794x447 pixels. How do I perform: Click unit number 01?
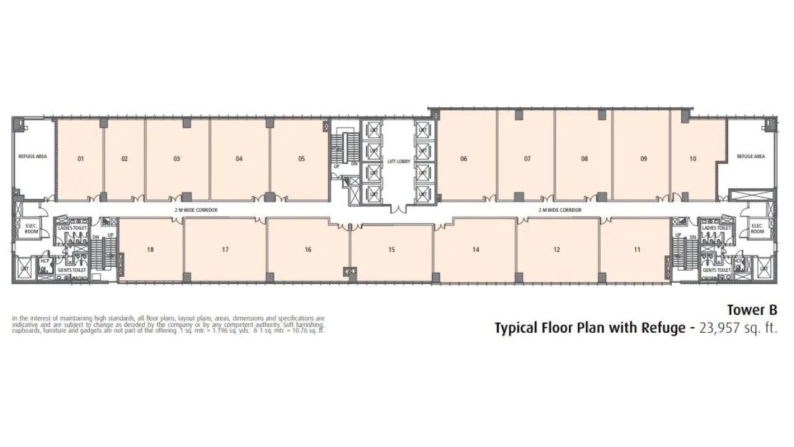(81, 159)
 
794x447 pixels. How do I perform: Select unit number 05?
(301, 159)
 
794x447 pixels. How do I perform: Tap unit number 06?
(463, 159)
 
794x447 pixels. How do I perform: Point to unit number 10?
(693, 159)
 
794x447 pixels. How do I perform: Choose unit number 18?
(150, 250)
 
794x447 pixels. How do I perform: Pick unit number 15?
(391, 250)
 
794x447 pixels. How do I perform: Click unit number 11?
(637, 250)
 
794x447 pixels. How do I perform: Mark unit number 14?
(476, 250)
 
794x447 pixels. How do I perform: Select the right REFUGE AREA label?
(751, 156)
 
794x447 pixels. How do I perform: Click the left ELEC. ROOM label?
(32, 228)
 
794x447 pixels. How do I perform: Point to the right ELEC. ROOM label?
(757, 228)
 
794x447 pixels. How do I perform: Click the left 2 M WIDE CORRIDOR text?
(196, 210)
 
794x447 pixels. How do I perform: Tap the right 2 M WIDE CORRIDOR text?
(560, 210)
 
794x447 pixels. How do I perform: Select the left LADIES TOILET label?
(73, 228)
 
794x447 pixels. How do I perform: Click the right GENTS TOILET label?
(716, 271)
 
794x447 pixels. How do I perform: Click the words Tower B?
(752, 310)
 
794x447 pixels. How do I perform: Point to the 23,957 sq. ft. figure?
(738, 328)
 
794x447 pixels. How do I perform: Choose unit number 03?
(177, 159)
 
